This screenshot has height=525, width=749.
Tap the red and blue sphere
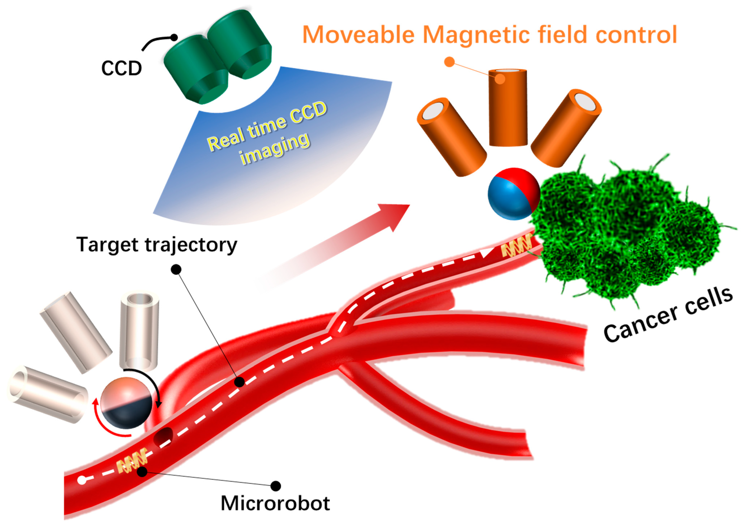point(513,194)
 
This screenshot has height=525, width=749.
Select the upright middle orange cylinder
point(507,108)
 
